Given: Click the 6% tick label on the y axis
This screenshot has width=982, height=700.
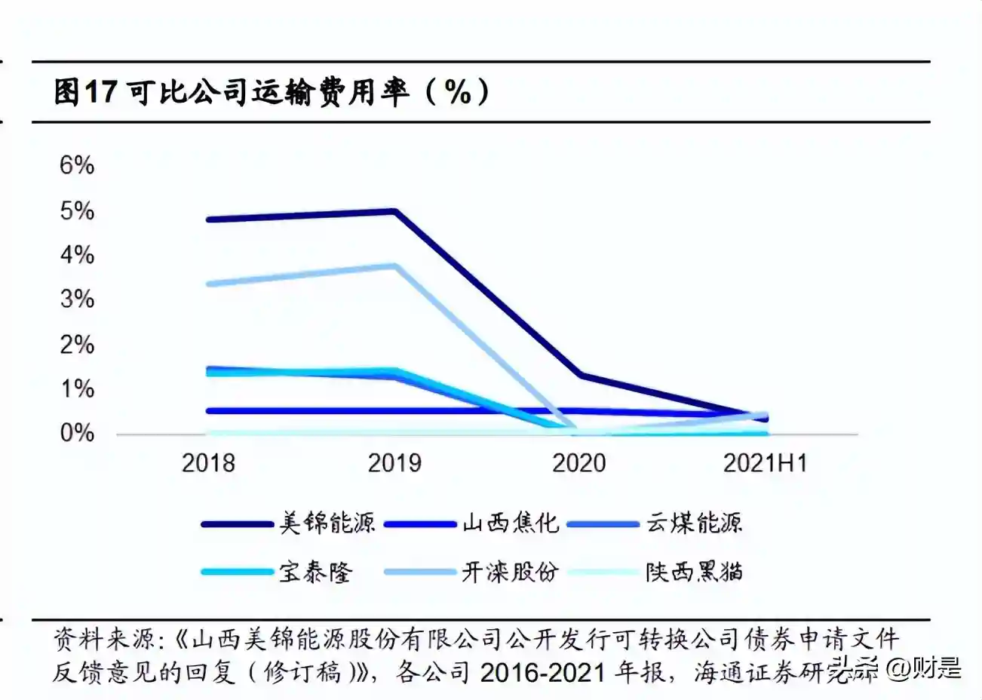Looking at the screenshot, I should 77,165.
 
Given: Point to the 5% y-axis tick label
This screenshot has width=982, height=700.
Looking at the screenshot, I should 77,210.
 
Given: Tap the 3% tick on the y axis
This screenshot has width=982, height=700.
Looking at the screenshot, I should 77,299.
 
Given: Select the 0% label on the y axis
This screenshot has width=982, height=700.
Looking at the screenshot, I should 77,433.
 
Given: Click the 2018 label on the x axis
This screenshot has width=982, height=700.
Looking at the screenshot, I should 208,462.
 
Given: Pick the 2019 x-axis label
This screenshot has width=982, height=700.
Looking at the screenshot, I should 394,462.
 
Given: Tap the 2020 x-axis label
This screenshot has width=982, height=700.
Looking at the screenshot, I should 579,462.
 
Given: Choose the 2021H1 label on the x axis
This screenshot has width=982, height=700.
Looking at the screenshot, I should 765,462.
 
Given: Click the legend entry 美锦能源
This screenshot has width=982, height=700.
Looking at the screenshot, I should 327,523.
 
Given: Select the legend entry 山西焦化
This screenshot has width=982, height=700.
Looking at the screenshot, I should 511,523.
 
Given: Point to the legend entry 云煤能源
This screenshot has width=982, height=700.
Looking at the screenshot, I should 694,523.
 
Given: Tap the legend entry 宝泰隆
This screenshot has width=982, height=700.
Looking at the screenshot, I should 316,572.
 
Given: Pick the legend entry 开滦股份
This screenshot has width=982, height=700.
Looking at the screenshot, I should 511,572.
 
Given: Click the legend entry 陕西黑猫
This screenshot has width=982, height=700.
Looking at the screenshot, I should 694,572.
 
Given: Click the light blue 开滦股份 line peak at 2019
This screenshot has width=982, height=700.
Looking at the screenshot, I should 394,266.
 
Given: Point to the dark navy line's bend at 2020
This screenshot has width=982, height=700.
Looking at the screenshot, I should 579,375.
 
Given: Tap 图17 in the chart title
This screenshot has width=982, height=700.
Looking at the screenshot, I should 85,92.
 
